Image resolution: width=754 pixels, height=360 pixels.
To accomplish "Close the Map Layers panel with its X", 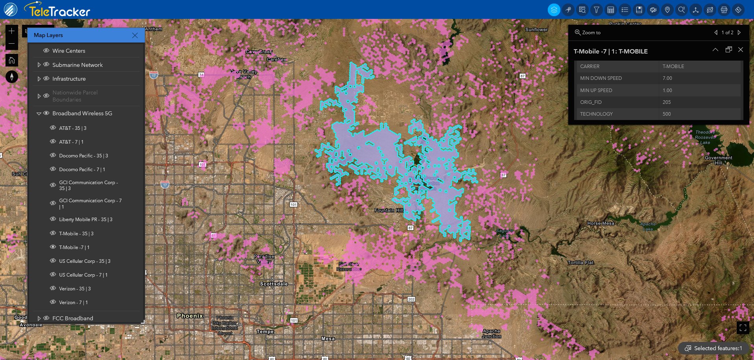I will click(135, 35).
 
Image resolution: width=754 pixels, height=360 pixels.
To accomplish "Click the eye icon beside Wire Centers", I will click(46, 51).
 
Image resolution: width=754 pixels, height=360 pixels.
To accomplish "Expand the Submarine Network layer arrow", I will click(39, 65).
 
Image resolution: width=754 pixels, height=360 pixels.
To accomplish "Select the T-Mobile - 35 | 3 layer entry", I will click(76, 234).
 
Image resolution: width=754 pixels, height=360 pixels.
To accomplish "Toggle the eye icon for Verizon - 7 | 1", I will click(53, 302).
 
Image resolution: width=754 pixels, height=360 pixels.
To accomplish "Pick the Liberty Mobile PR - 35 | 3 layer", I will click(85, 220).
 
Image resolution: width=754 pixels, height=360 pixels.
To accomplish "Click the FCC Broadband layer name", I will click(72, 318).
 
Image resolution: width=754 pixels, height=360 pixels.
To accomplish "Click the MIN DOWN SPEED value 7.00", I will click(667, 78).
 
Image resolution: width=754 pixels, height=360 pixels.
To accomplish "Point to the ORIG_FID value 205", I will click(666, 102).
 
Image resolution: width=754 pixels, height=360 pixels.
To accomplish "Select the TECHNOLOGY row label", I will click(596, 114).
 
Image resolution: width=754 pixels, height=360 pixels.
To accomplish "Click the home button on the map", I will click(12, 60).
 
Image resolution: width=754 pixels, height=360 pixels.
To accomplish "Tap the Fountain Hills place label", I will click(389, 210).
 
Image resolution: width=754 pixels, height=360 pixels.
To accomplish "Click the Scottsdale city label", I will click(274, 284).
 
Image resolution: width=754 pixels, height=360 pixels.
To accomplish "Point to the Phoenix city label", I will click(190, 316).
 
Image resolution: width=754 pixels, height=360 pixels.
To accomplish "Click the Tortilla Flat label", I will click(580, 263).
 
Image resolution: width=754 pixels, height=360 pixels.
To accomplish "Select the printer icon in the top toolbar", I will click(724, 10).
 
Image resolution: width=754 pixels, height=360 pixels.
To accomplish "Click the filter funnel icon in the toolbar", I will click(597, 10).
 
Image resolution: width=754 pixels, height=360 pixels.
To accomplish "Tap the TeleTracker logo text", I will click(59, 11).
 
